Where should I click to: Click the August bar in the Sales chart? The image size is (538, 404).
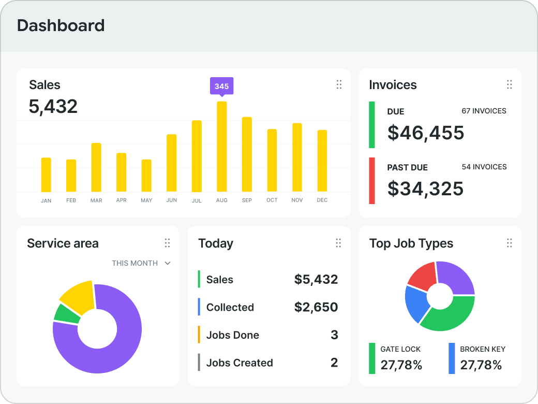[x=221, y=147]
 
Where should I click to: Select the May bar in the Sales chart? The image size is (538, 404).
[x=146, y=176]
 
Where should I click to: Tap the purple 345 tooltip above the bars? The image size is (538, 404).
[x=221, y=86]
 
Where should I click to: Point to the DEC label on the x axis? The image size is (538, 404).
[x=322, y=200]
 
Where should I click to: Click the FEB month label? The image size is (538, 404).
[x=71, y=200]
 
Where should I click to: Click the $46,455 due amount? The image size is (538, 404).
[x=426, y=133]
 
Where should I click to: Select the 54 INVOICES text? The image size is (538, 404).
[x=484, y=167]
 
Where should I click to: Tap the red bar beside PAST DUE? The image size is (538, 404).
[x=372, y=181]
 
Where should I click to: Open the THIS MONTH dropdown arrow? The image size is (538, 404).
[x=168, y=263]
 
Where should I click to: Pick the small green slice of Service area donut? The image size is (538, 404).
[x=67, y=314]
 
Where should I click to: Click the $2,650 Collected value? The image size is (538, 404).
[x=316, y=307]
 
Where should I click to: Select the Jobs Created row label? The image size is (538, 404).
[x=240, y=363]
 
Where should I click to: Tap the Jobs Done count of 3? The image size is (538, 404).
[x=334, y=335]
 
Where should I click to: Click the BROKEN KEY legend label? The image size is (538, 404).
[x=483, y=349]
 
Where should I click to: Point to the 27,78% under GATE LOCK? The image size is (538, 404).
[x=401, y=365]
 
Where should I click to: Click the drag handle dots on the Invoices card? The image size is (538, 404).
[x=510, y=84]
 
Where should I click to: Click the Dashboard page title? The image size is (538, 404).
[x=61, y=25]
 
